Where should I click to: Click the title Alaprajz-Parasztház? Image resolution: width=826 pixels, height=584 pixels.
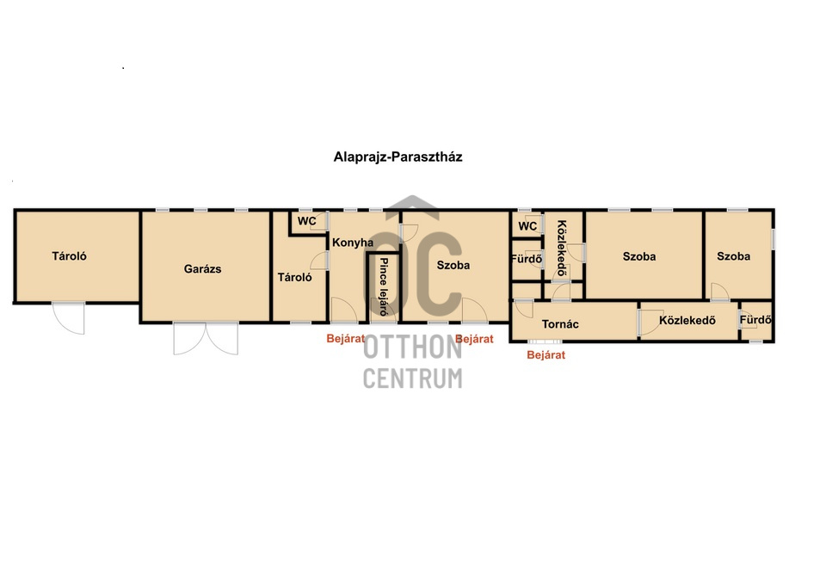point(398,157)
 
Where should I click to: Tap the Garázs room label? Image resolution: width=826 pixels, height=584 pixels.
point(202,269)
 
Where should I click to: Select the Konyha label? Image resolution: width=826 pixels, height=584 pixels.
point(353,243)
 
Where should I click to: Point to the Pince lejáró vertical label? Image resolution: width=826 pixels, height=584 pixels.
point(384,286)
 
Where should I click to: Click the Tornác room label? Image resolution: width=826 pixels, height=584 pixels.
point(560,324)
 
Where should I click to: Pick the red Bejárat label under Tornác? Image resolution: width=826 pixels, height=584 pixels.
point(546,355)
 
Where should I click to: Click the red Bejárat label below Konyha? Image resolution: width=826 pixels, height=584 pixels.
point(346,339)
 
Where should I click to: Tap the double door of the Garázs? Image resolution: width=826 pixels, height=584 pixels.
point(206,339)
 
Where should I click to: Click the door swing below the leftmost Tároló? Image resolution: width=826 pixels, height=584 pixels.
point(69,318)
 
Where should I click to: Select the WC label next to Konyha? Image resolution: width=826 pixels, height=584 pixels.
point(306,221)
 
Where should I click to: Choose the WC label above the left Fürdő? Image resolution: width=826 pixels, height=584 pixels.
point(527,226)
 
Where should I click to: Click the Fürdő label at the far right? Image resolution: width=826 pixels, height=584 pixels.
point(755,320)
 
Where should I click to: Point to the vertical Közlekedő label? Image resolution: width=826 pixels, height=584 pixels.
point(562,248)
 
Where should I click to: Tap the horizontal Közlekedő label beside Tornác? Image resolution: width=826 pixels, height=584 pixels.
point(687,320)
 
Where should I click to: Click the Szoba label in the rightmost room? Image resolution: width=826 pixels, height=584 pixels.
point(733,256)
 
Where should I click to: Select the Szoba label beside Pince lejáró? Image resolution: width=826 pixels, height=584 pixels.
point(453,266)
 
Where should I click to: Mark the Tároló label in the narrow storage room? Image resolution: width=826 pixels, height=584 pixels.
point(294,278)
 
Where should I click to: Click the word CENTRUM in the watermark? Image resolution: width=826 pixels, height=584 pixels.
point(412,378)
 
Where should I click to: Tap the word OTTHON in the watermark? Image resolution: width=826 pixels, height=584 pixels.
point(412,347)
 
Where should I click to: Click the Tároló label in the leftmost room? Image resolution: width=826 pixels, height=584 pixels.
point(69,256)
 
